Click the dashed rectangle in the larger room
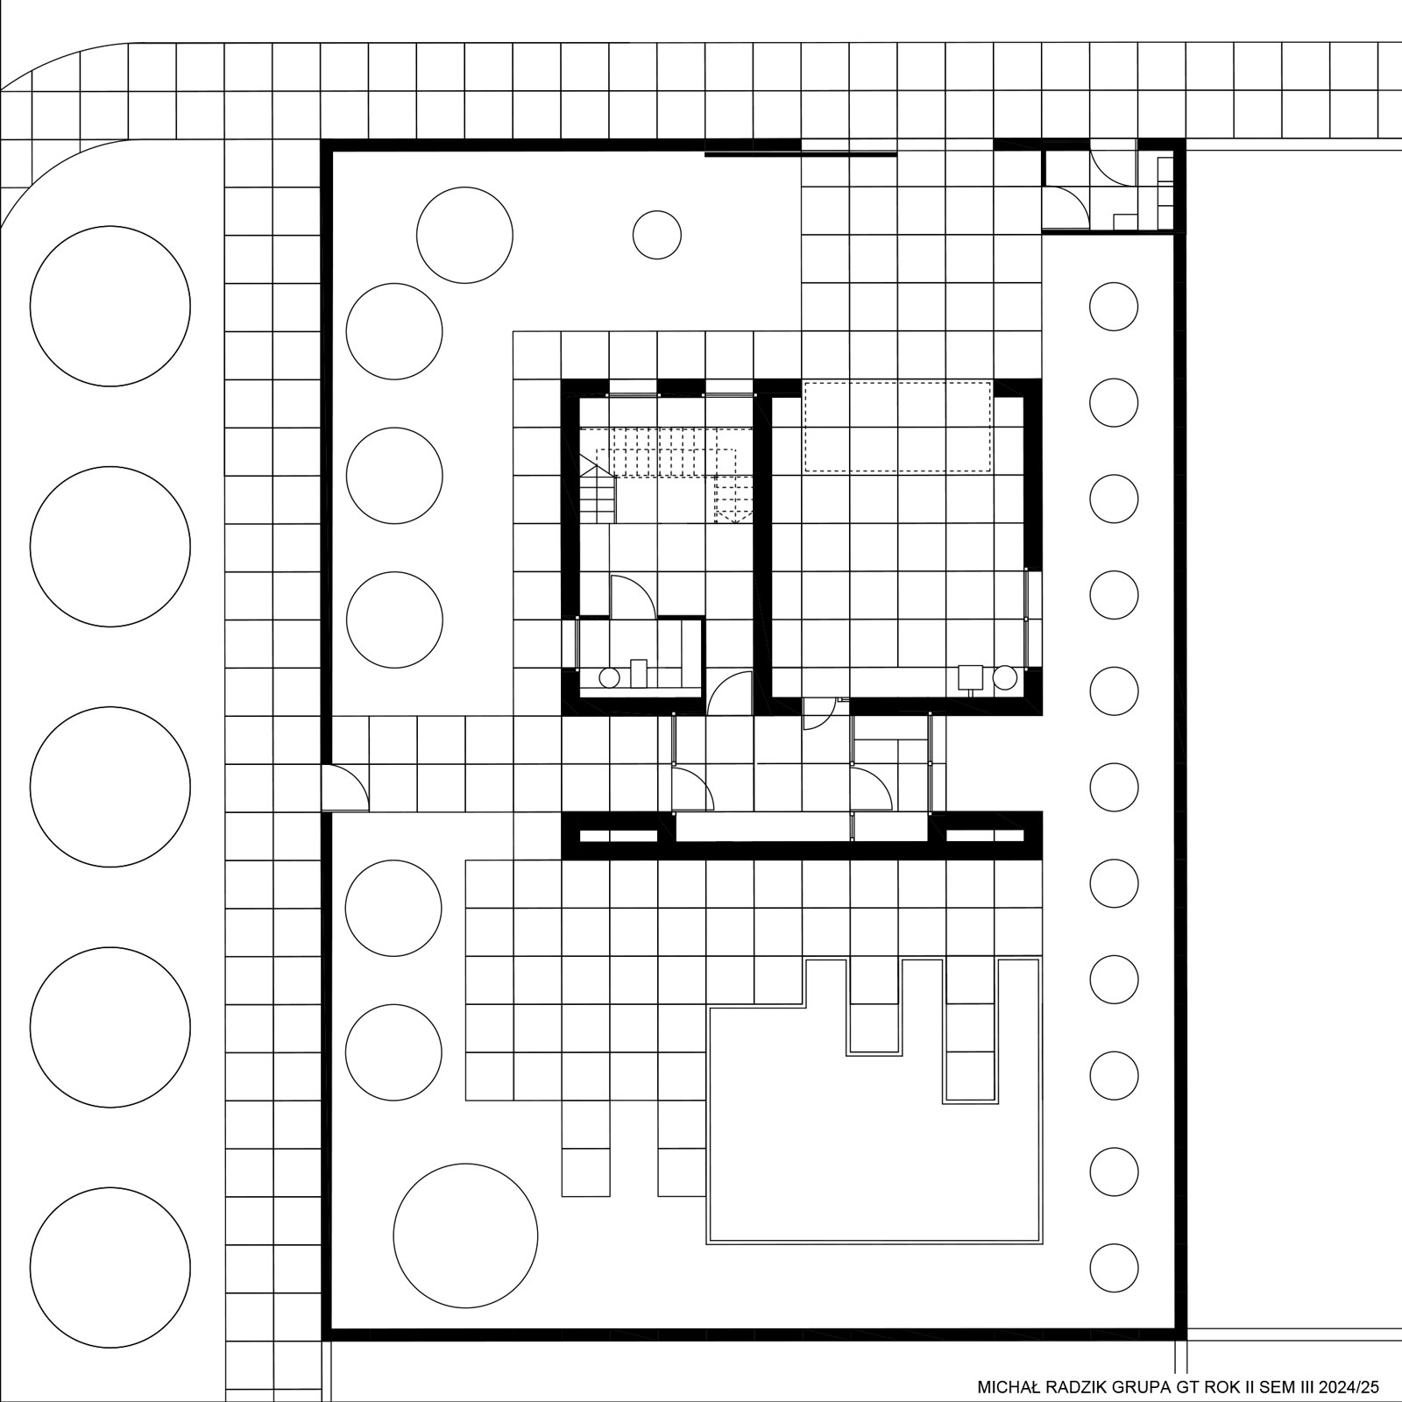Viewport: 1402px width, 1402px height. click(897, 427)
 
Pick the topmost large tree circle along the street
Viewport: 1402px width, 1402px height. click(110, 306)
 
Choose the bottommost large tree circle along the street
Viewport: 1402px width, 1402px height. click(110, 1267)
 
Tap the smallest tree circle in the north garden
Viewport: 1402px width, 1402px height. click(657, 235)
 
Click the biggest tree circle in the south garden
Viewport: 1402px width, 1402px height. click(465, 1235)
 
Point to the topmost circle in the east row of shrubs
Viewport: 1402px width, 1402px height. click(1114, 307)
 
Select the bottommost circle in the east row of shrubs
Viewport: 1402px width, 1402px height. click(1114, 1268)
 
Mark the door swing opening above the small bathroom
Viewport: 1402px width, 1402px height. click(631, 596)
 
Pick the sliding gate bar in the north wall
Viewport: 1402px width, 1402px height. click(801, 154)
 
